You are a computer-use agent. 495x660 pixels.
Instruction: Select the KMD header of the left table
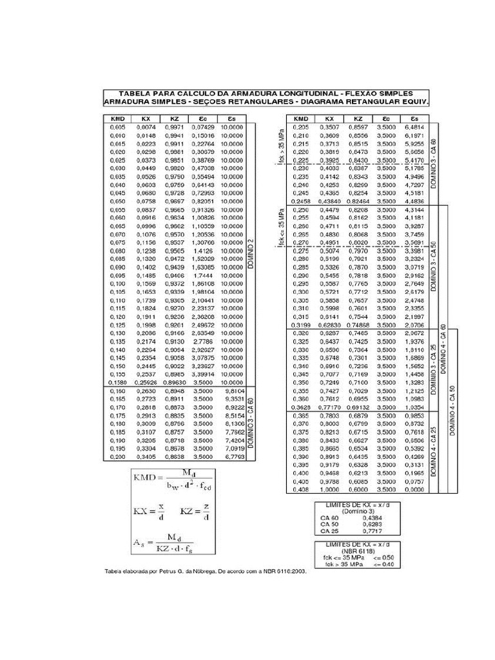tap(117, 119)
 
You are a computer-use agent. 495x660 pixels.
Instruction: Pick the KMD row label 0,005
tap(117, 128)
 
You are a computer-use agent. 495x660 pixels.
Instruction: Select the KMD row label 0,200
tap(117, 456)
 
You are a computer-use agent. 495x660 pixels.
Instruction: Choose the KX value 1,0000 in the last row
tap(329, 489)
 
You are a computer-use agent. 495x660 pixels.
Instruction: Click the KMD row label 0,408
tap(301, 489)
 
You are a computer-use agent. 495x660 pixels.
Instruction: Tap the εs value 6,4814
tap(414, 128)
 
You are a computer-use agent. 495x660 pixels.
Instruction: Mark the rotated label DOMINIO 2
tap(251, 255)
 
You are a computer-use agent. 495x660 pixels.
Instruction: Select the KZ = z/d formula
tap(195, 513)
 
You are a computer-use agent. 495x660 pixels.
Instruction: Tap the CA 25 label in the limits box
tap(329, 531)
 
